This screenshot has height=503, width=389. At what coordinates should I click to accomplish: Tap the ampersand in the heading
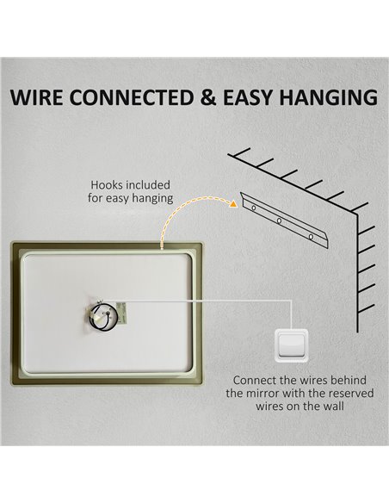point(208,97)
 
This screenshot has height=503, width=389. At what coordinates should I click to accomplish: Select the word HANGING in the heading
point(328,97)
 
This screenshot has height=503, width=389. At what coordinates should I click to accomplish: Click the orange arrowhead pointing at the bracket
point(233,203)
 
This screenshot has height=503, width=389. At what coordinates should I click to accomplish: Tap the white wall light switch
point(291,345)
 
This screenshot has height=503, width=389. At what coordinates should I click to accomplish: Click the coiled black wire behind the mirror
point(103,316)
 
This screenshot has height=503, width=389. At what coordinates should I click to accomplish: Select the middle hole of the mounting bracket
point(279,220)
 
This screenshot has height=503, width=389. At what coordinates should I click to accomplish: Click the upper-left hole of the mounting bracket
point(254,208)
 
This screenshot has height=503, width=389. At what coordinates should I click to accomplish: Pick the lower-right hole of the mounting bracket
point(311,237)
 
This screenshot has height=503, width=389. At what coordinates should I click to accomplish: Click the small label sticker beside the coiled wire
point(122,314)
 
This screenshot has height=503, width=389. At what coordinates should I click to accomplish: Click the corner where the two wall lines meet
point(357,214)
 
